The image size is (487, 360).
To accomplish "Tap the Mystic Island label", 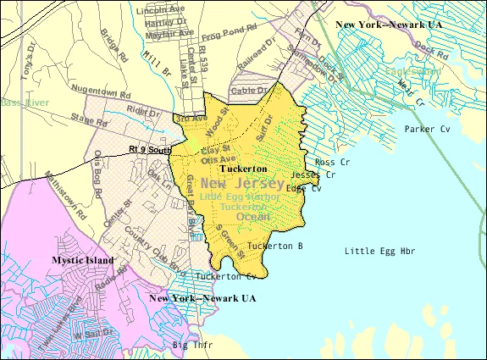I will [x=82, y=260].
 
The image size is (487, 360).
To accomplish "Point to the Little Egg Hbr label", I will [x=380, y=251].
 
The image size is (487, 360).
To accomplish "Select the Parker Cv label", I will [x=428, y=130].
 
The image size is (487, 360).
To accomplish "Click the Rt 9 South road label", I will [x=151, y=150].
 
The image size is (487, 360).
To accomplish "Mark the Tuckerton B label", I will [x=275, y=246].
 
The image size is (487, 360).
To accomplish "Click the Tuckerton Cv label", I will [x=225, y=276].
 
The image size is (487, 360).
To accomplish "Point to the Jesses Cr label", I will [x=319, y=174].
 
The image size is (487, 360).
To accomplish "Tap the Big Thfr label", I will [x=192, y=346].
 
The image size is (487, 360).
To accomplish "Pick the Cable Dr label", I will [x=248, y=90].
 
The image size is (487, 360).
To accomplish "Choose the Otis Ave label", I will [x=219, y=158].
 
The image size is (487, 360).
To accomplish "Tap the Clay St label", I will [x=215, y=148].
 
